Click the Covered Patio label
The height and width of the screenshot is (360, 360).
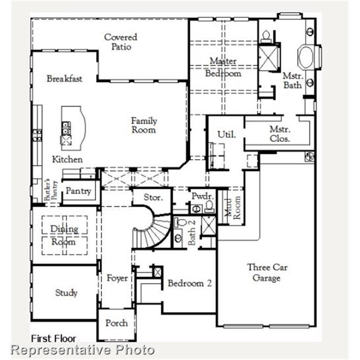120,42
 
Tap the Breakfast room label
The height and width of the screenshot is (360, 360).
64,79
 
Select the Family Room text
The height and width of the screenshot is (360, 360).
144,125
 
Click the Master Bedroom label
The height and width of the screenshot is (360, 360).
223,67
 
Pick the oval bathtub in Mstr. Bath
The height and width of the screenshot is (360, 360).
307,58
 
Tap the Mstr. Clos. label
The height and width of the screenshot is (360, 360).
280,134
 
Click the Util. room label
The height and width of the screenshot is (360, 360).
226,135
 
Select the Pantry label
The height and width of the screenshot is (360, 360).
78,191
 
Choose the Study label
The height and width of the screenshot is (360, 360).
66,293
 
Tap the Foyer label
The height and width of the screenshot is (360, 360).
117,278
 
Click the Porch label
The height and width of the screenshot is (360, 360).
116,323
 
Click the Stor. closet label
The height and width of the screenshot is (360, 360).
153,197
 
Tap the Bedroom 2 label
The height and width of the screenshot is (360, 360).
189,283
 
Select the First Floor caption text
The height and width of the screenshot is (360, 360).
53,338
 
